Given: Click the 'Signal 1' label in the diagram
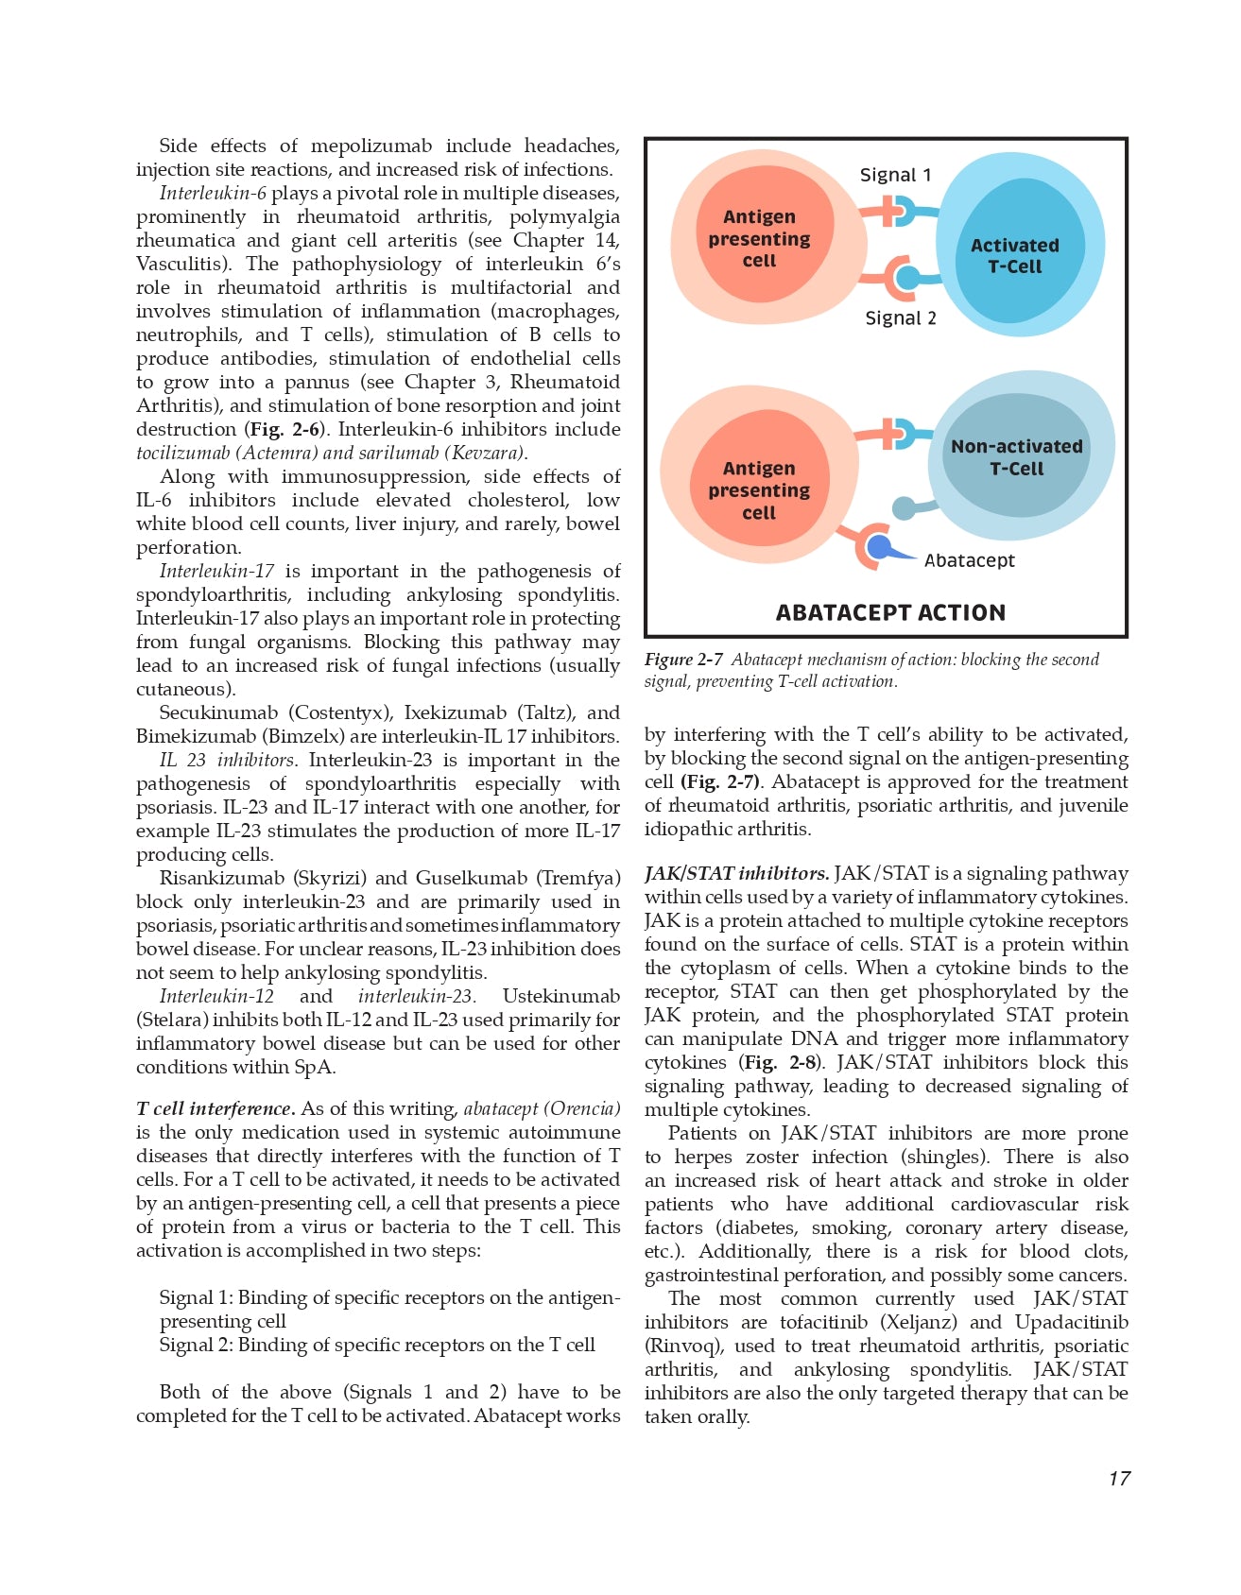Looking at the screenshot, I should pos(895,175).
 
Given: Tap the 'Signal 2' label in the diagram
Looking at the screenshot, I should pos(901,318).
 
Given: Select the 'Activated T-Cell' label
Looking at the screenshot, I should pos(1014,256).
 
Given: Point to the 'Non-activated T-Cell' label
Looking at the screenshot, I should pos(1016,457).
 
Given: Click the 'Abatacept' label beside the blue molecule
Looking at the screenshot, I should pos(969,560).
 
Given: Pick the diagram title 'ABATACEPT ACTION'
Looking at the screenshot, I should pos(890,612).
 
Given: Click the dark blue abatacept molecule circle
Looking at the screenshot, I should pos(879,547).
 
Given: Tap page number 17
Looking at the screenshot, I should pos(1119,1479).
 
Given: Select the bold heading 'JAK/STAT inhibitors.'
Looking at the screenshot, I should pos(736,873).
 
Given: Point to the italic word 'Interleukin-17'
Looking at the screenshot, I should pos(216,571).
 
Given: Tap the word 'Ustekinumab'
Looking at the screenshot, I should pos(560,996).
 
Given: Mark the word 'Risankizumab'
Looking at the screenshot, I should pos(218,878).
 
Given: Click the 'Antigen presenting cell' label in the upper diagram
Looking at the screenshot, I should pos(759,239).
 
